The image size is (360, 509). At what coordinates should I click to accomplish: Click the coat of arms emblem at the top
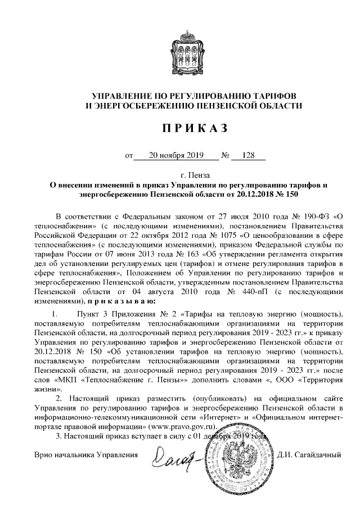pos(180,51)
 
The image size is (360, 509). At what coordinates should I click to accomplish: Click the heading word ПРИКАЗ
pos(180,129)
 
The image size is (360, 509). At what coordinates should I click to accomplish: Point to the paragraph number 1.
pos(55,312)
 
